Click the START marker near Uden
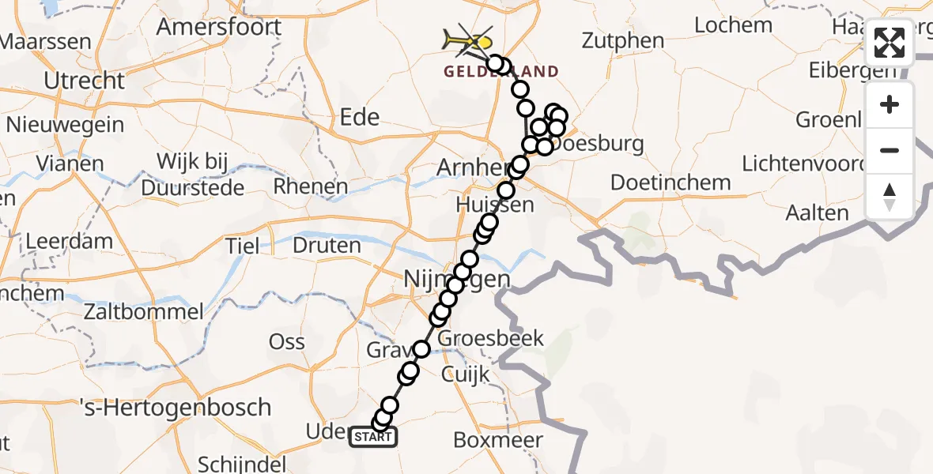373,436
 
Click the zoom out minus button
890,150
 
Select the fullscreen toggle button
890,43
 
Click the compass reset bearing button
890,196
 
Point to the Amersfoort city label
219,27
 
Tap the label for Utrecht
85,81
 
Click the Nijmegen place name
457,280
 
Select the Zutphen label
623,40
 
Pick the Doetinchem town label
671,182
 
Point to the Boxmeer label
498,440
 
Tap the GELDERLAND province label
500,72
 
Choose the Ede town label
359,117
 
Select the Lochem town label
733,25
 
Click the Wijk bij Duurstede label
192,175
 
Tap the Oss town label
286,341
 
